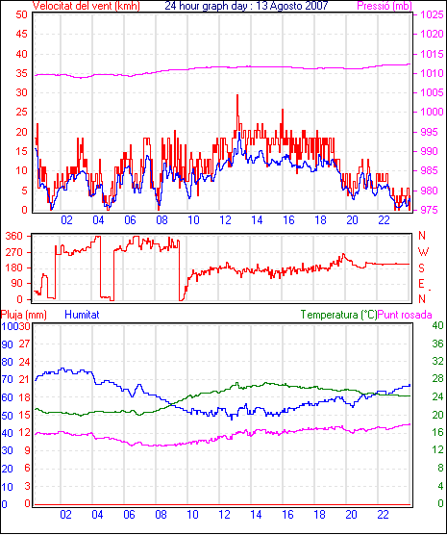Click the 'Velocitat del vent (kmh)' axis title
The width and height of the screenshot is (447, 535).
point(87,6)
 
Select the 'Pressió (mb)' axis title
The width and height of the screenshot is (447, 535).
point(385,6)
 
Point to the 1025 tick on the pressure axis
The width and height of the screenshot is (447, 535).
point(432,14)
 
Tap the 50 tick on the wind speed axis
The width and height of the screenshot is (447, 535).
point(21,14)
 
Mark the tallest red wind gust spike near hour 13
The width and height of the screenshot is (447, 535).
point(237,95)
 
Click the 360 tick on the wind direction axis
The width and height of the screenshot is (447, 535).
point(14,236)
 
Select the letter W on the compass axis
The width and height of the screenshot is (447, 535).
point(423,252)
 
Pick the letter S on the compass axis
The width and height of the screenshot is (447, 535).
point(421,268)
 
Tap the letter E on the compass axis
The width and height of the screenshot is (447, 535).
point(421,284)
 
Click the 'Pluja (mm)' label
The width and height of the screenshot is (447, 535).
point(23,315)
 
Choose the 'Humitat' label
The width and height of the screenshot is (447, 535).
point(82,315)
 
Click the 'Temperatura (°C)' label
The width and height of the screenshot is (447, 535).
point(339,315)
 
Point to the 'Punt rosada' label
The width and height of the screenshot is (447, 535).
point(405,315)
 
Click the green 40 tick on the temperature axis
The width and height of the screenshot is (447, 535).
point(437,325)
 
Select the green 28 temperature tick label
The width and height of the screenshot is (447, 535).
point(437,379)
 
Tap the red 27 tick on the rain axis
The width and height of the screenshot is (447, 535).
point(25,344)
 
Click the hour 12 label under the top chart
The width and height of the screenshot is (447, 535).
point(225,220)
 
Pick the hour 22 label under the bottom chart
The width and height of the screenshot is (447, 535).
point(383,514)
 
